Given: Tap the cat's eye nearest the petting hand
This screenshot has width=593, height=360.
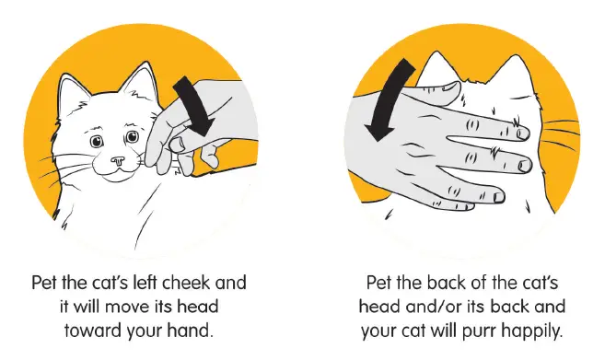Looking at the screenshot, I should (x=134, y=137).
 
